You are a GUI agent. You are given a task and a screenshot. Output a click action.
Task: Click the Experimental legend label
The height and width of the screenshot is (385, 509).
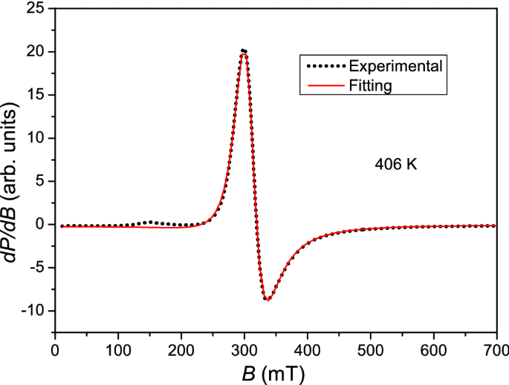tap(395, 67)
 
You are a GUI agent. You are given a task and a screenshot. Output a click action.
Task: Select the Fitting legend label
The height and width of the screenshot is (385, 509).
tap(370, 85)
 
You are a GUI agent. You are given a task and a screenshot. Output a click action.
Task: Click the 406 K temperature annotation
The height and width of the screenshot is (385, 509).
tap(395, 165)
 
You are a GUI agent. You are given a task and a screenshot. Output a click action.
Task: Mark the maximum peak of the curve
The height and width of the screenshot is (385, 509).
tap(244, 51)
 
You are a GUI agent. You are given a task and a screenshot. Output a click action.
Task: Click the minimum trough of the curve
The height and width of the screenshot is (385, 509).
tap(267, 299)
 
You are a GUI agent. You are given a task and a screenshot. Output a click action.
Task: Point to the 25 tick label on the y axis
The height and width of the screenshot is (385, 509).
tap(34, 9)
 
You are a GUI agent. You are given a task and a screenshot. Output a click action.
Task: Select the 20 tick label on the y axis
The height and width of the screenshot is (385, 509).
tap(34, 52)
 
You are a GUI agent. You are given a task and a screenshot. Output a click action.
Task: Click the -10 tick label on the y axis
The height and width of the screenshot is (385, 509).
tap(31, 310)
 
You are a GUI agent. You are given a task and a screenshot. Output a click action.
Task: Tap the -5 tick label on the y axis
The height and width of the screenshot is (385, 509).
tap(34, 267)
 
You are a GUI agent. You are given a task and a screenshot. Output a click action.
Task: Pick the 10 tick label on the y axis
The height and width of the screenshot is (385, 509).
tap(34, 138)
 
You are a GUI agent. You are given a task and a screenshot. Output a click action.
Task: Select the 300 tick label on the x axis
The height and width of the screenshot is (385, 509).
tap(244, 348)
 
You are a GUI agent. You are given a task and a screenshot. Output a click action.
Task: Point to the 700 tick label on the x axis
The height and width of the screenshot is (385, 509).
tap(497, 348)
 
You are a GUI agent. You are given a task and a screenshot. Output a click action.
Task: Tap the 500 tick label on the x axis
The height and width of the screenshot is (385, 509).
tap(371, 348)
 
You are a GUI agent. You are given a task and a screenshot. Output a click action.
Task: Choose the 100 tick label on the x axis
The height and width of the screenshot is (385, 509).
tap(118, 348)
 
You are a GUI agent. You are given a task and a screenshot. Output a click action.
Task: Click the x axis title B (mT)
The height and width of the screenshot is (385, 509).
tap(276, 370)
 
